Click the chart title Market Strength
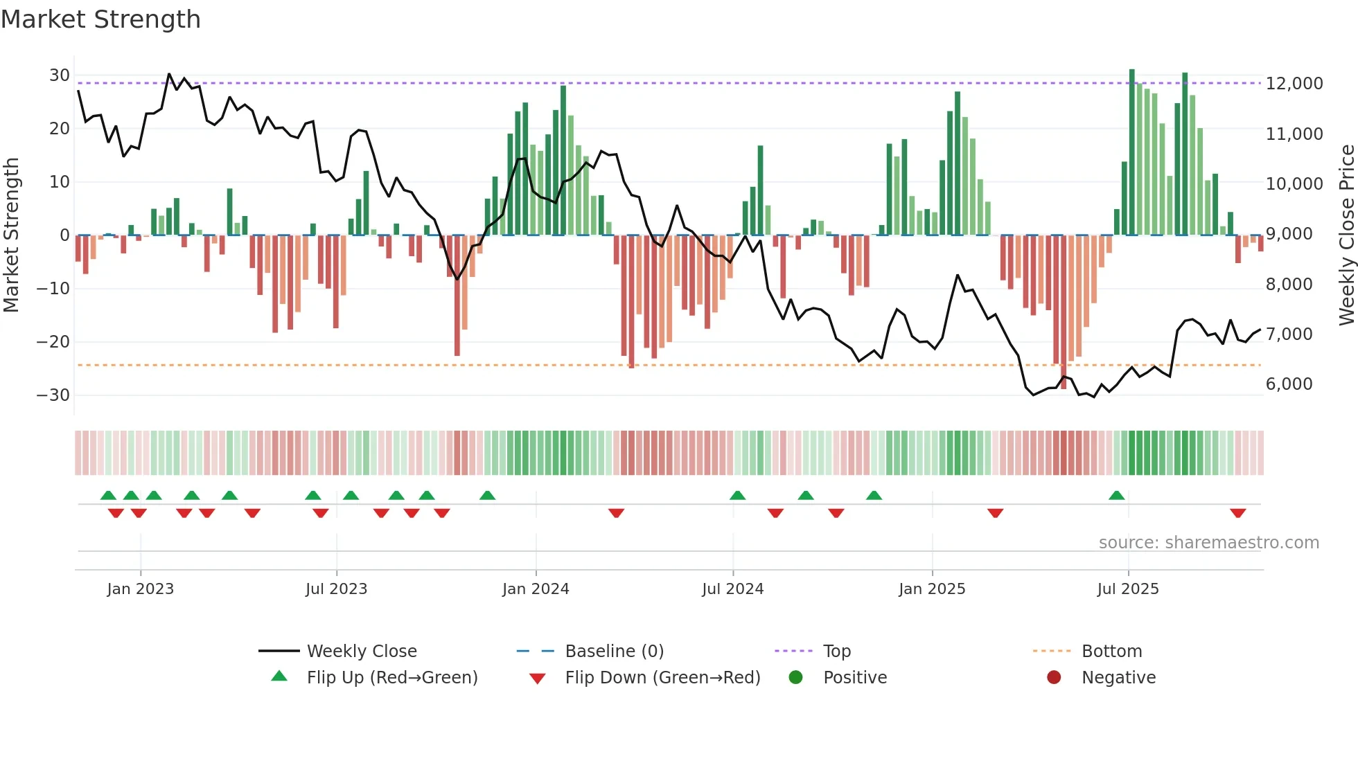point(100,19)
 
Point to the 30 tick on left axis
point(60,75)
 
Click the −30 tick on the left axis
point(53,395)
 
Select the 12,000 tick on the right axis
point(1294,84)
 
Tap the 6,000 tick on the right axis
point(1289,384)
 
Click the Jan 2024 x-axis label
point(536,589)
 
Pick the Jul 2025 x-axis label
point(1127,589)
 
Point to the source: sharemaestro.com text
point(1208,543)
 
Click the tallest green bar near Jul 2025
point(1132,152)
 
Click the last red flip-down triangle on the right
point(1238,513)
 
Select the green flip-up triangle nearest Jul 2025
point(1116,495)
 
